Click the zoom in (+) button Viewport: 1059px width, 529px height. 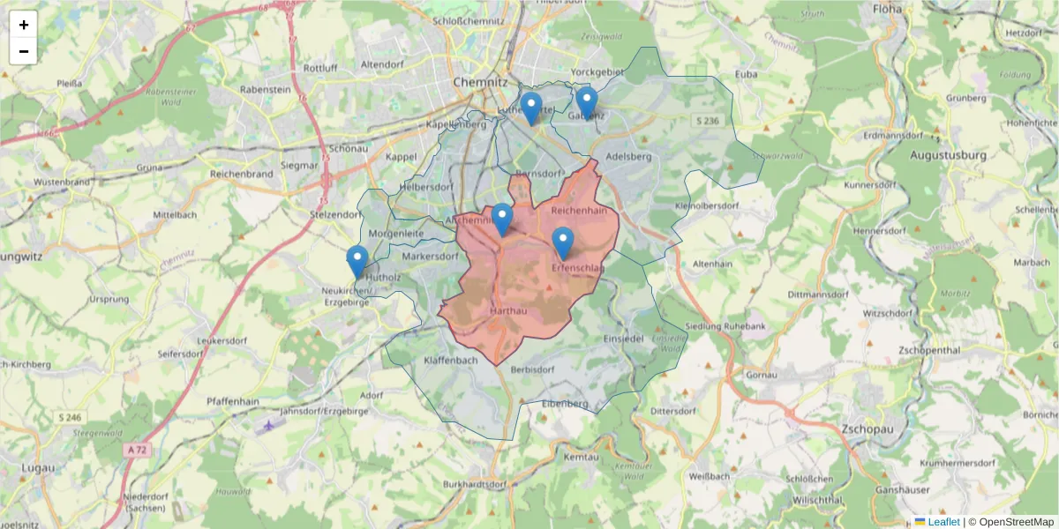point(24,25)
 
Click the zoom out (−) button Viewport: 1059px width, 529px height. point(24,51)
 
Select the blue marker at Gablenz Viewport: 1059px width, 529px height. point(587,103)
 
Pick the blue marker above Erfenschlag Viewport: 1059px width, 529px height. point(563,242)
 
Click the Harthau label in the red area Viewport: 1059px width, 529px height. point(507,311)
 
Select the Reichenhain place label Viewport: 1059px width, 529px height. point(579,212)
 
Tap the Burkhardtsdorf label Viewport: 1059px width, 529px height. point(475,484)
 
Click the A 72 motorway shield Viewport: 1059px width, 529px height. point(135,450)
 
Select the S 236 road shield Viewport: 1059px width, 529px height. point(706,120)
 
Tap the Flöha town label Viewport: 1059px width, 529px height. point(886,9)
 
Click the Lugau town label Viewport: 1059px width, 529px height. point(38,467)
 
